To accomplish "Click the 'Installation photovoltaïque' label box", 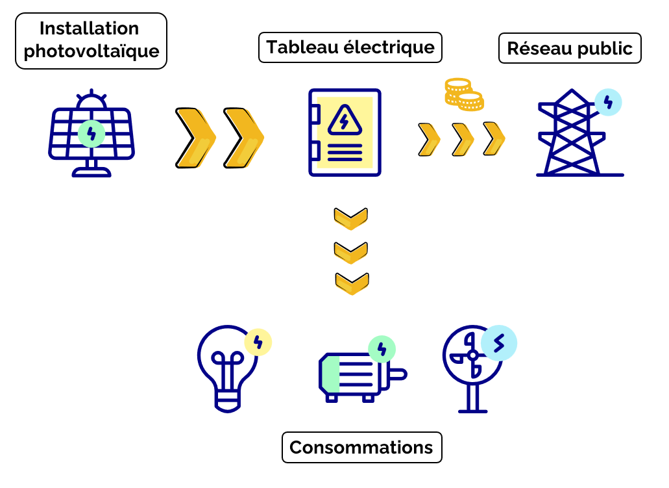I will click(x=91, y=40).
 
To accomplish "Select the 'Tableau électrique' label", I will click(x=350, y=47).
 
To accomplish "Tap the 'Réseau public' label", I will click(x=569, y=49).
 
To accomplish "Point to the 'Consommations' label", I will click(x=361, y=448).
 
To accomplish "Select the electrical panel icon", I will click(x=345, y=133).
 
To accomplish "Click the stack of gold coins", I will click(x=463, y=94).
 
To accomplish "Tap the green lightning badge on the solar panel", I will click(x=91, y=134).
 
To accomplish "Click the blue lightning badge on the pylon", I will click(x=608, y=102).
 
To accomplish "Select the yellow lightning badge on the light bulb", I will click(x=258, y=342).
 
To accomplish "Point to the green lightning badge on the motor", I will click(x=382, y=349).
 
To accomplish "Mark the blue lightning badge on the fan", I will click(x=499, y=342).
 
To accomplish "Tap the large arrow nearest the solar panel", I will click(x=194, y=138).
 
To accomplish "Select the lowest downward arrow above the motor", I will click(x=352, y=284).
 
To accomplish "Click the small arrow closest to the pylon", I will click(x=494, y=138).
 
